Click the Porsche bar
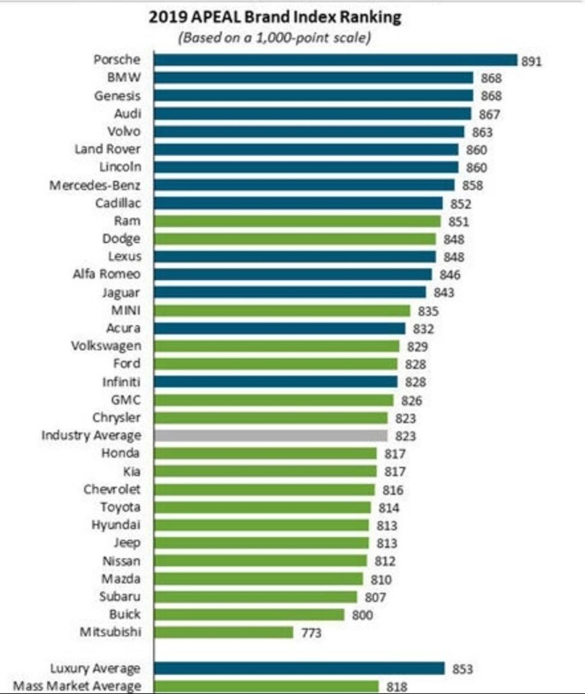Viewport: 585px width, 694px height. [334, 60]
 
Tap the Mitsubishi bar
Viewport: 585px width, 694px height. [223, 632]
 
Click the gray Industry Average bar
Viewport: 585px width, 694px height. [270, 435]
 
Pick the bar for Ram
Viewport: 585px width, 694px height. [297, 221]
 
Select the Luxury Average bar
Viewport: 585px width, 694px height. [299, 668]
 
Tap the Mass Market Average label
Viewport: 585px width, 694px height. [77, 686]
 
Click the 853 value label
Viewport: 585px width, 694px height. [463, 669]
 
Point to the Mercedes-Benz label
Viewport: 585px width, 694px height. [95, 185]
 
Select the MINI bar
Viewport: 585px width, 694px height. [282, 311]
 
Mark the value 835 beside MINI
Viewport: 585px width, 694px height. [428, 311]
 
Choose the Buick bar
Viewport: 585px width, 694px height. [249, 614]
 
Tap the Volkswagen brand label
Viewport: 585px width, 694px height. [106, 346]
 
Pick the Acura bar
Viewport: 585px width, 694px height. [279, 328]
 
